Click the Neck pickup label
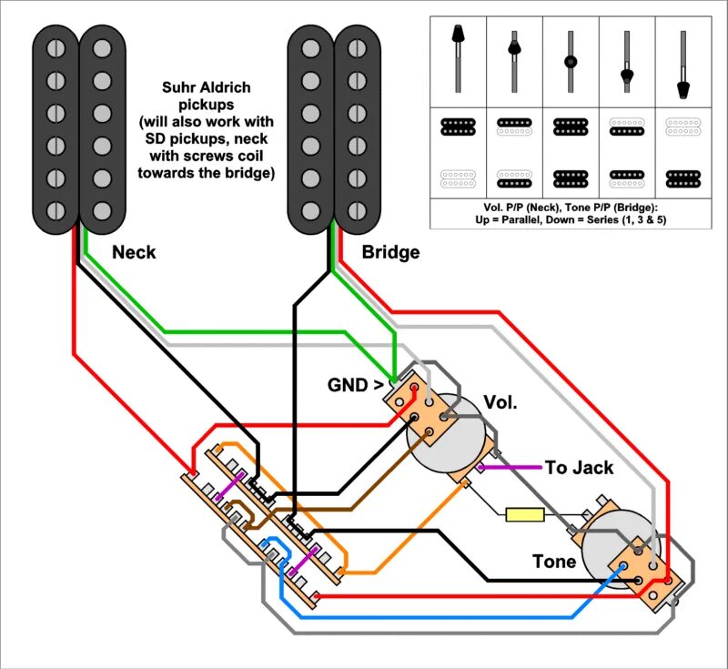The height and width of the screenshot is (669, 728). click(x=134, y=252)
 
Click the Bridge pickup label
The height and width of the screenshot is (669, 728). click(x=390, y=252)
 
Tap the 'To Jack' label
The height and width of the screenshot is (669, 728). click(x=579, y=468)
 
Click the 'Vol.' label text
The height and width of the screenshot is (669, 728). click(x=500, y=402)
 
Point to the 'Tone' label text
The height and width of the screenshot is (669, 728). click(x=554, y=561)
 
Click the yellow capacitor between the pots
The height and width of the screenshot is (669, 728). click(x=524, y=515)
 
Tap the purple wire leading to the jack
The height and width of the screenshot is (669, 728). click(x=510, y=468)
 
